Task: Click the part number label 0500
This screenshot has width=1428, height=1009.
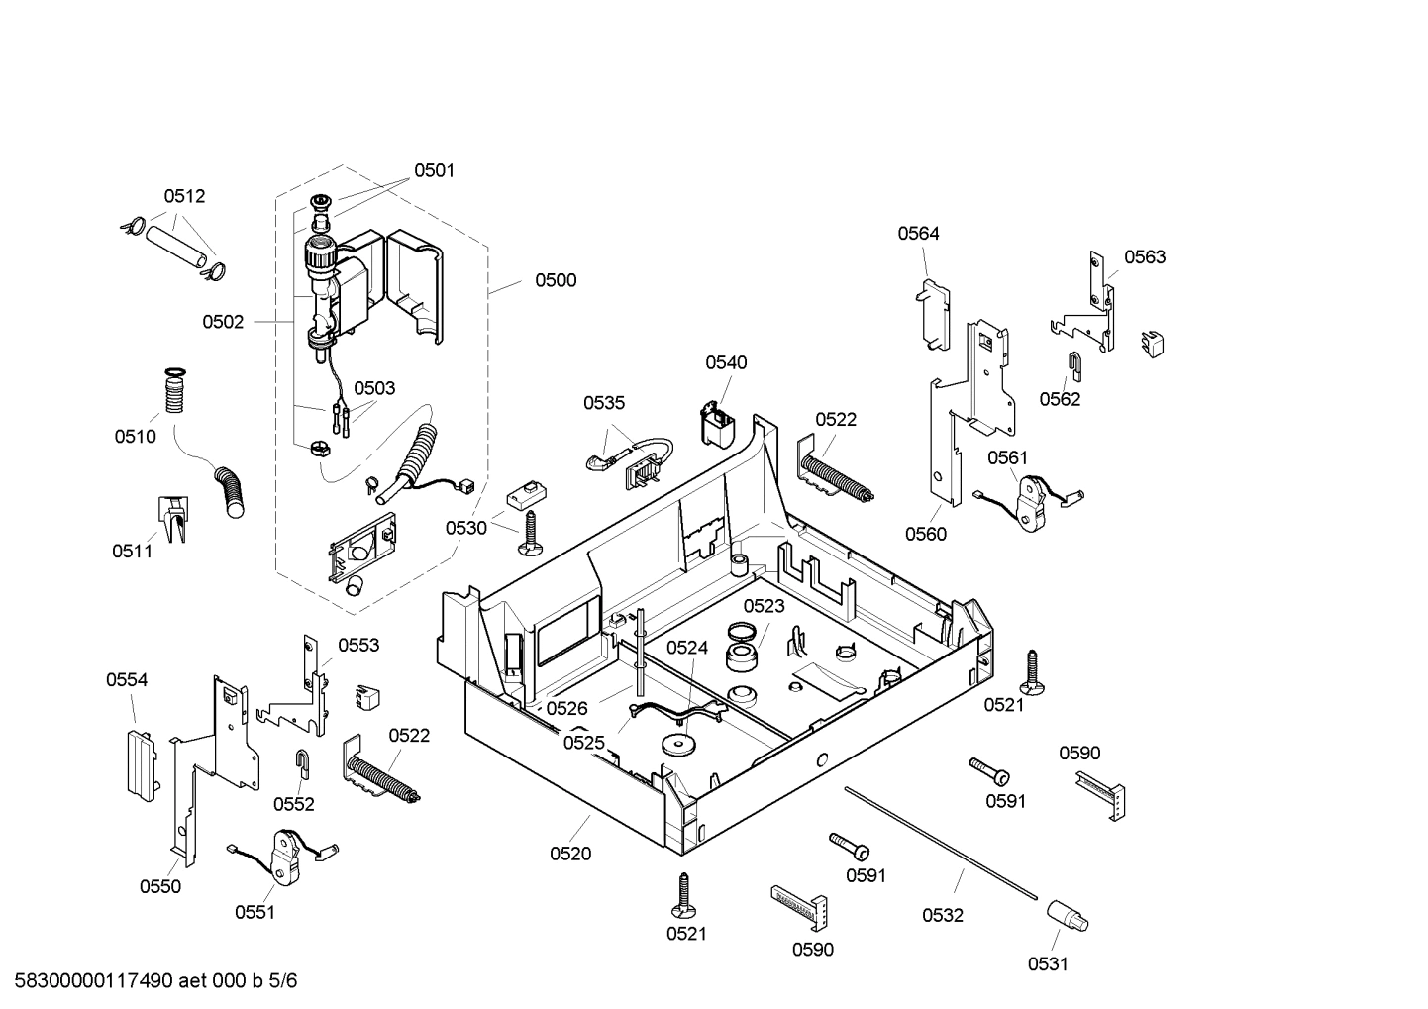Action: [556, 280]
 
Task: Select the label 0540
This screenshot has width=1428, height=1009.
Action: [726, 362]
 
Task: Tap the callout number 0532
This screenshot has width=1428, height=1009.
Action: [942, 916]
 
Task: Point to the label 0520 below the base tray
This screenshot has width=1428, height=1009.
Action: [570, 854]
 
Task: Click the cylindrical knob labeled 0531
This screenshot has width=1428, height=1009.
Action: [1068, 916]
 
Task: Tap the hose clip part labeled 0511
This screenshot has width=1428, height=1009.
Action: [172, 518]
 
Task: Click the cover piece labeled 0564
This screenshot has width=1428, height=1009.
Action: [932, 313]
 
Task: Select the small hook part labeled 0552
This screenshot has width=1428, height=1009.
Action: [301, 763]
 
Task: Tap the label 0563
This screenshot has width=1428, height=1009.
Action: [1145, 257]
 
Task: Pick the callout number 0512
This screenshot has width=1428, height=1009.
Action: [184, 196]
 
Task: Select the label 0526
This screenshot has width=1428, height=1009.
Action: [566, 708]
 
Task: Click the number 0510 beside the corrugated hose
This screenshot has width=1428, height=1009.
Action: [135, 436]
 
